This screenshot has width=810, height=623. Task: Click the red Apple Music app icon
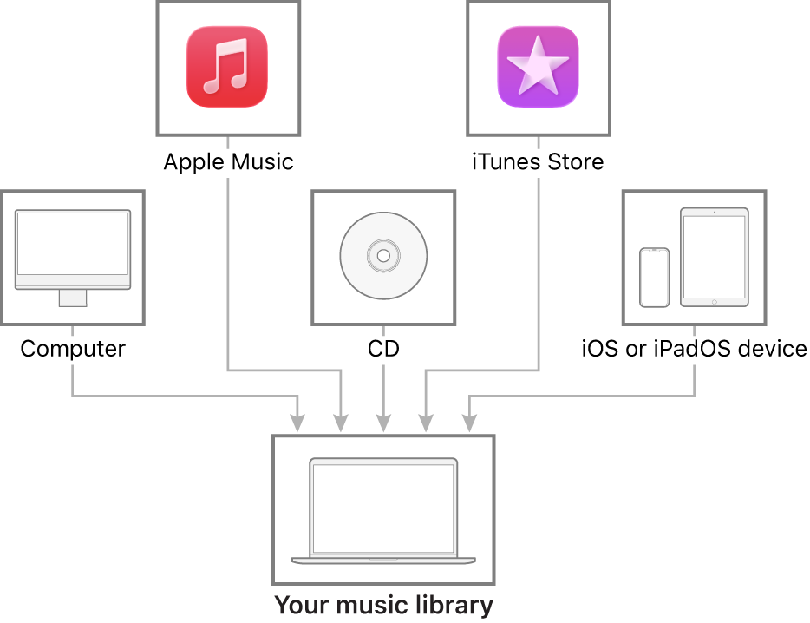coord(227,67)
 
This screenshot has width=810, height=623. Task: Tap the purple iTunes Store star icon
coord(538,67)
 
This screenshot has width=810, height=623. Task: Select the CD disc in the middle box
coord(383,256)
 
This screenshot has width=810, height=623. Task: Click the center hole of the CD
coord(383,256)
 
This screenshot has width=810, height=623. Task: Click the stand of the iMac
coord(73,298)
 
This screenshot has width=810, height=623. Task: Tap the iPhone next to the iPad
coord(655,278)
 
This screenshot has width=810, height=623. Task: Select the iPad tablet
coord(714,256)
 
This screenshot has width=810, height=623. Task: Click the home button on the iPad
coord(714,301)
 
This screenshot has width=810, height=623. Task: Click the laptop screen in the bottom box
coord(383,508)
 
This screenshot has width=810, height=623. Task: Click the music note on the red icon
coord(225,67)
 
